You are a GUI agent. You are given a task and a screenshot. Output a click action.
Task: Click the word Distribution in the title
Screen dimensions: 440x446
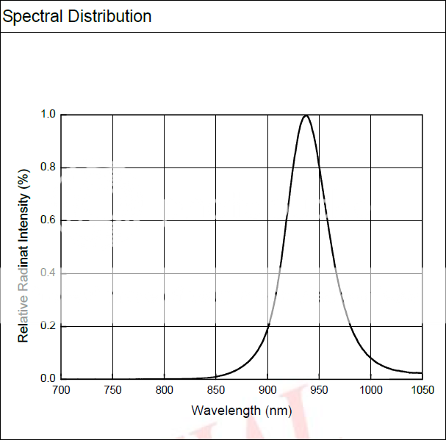pos(109,15)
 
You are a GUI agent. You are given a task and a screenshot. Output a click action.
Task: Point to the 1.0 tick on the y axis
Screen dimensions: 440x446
pos(48,115)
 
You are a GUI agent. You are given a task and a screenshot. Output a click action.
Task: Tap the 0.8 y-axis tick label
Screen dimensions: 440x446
pos(48,167)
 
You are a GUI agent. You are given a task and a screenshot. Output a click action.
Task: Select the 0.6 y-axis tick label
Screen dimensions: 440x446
pos(48,220)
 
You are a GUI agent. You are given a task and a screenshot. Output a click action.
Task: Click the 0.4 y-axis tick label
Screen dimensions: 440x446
pos(48,273)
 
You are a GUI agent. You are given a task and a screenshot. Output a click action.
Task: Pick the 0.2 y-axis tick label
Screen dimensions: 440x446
pos(48,326)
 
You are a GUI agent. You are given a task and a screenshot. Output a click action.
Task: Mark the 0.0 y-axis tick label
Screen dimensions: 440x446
pos(48,379)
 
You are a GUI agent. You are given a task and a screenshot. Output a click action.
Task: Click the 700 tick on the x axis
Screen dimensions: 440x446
pos(61,390)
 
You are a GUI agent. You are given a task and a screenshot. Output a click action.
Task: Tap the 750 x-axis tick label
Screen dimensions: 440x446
pos(112,390)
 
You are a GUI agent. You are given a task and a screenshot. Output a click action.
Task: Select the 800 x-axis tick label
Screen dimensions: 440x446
pos(164,390)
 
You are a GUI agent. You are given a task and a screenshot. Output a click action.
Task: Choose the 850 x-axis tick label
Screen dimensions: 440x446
pos(216,390)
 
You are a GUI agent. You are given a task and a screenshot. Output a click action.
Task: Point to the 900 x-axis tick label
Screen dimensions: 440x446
pos(267,390)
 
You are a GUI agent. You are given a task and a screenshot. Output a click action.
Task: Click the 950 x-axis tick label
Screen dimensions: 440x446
pos(319,390)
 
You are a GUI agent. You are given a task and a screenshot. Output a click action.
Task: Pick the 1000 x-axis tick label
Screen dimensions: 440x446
pos(370,390)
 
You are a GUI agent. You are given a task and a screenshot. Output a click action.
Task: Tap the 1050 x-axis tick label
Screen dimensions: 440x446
pos(422,390)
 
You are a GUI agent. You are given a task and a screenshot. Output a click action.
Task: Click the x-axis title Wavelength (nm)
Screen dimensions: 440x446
pos(242,410)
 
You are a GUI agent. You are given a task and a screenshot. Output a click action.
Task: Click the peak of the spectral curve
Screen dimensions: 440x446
pos(306,115)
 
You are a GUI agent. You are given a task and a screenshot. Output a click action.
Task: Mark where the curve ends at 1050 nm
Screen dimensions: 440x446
pos(421,373)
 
